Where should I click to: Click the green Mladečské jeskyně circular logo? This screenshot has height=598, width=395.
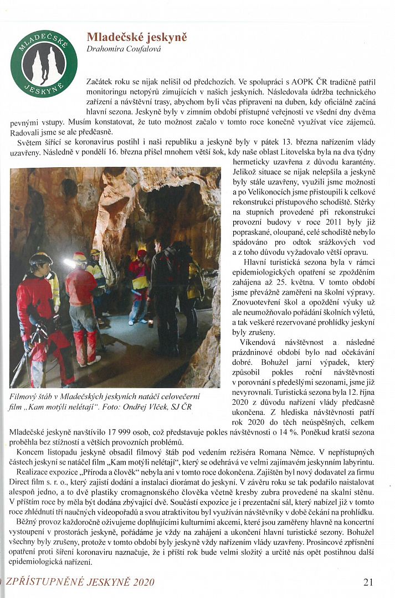(44, 63)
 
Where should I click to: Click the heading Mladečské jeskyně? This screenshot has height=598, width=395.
(137, 38)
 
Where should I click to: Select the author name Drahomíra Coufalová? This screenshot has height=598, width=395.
(124, 49)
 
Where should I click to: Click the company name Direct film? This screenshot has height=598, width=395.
(27, 483)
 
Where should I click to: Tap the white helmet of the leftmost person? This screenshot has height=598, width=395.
(40, 258)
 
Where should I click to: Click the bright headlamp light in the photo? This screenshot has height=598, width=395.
(69, 262)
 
